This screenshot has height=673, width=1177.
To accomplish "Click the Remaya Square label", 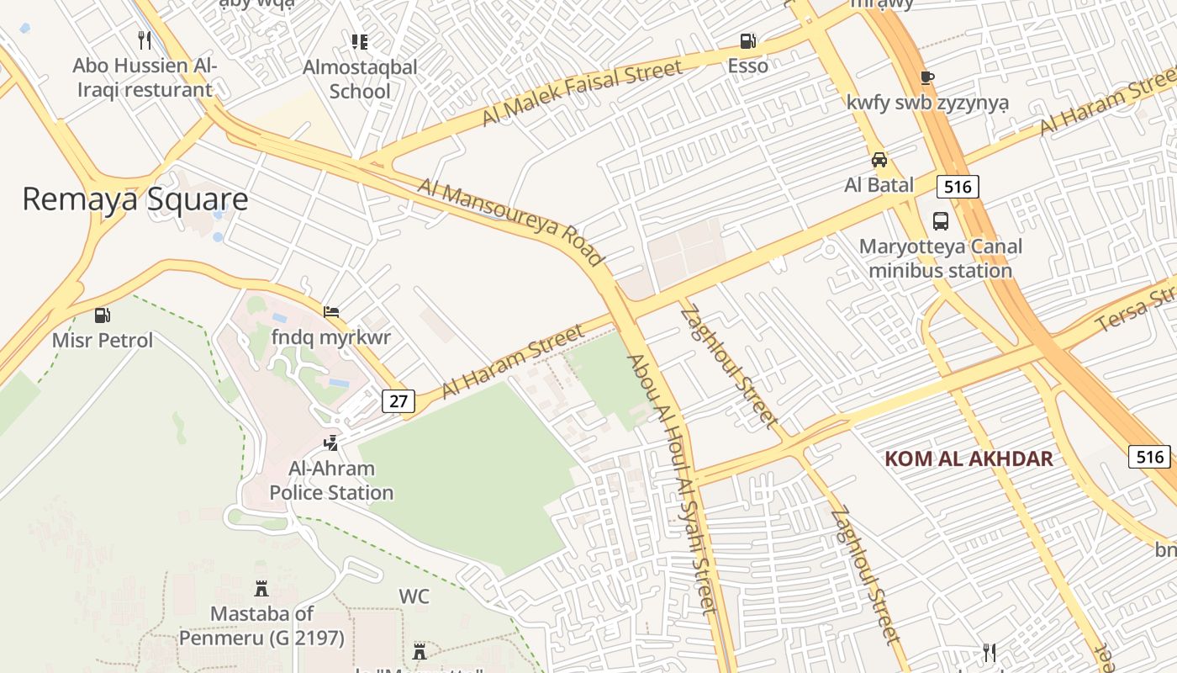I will coord(135,199).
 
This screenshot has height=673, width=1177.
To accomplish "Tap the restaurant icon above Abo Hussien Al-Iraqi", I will coord(145,40).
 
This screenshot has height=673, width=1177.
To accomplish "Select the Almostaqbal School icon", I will coord(360,41).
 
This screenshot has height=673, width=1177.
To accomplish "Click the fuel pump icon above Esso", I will coord(747,40).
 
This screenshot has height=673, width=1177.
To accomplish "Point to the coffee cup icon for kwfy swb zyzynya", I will coord(927,77).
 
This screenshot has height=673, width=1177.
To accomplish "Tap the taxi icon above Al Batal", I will coord(879,160).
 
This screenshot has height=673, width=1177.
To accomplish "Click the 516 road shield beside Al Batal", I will coord(958,187).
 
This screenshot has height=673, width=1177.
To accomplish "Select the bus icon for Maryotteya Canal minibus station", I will coord(941,221).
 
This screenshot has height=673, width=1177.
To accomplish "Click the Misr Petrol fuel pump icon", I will coord(103,315).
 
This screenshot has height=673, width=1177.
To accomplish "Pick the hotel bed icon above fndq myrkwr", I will coord(331,312).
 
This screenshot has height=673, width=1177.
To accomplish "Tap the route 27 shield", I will coord(398,401).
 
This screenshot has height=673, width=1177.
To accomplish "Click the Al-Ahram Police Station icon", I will coord(331,442).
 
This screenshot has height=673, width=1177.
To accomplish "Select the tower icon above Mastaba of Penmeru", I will coord(261,588).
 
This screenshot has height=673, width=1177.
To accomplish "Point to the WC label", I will coord(414,596).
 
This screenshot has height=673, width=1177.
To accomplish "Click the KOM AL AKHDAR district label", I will coord(969,458).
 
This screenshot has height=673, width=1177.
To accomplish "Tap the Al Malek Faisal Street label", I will coord(582,93).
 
